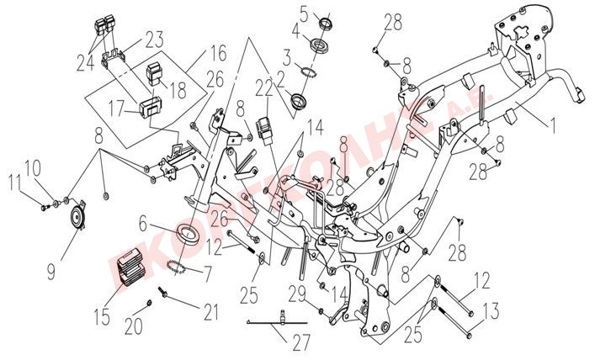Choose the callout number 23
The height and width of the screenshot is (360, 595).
click(154, 38)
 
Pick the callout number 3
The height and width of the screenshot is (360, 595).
click(286, 59)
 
